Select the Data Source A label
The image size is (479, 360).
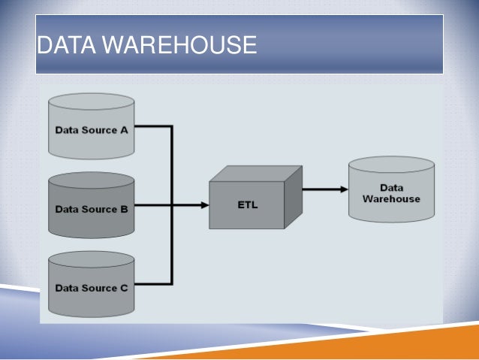pos(91,129)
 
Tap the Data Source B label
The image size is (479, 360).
pos(91,209)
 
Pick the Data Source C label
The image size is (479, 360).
pos(91,288)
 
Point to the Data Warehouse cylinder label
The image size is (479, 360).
pos(391,194)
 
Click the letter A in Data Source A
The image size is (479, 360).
pos(123,129)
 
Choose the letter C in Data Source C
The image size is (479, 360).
pos(123,288)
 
